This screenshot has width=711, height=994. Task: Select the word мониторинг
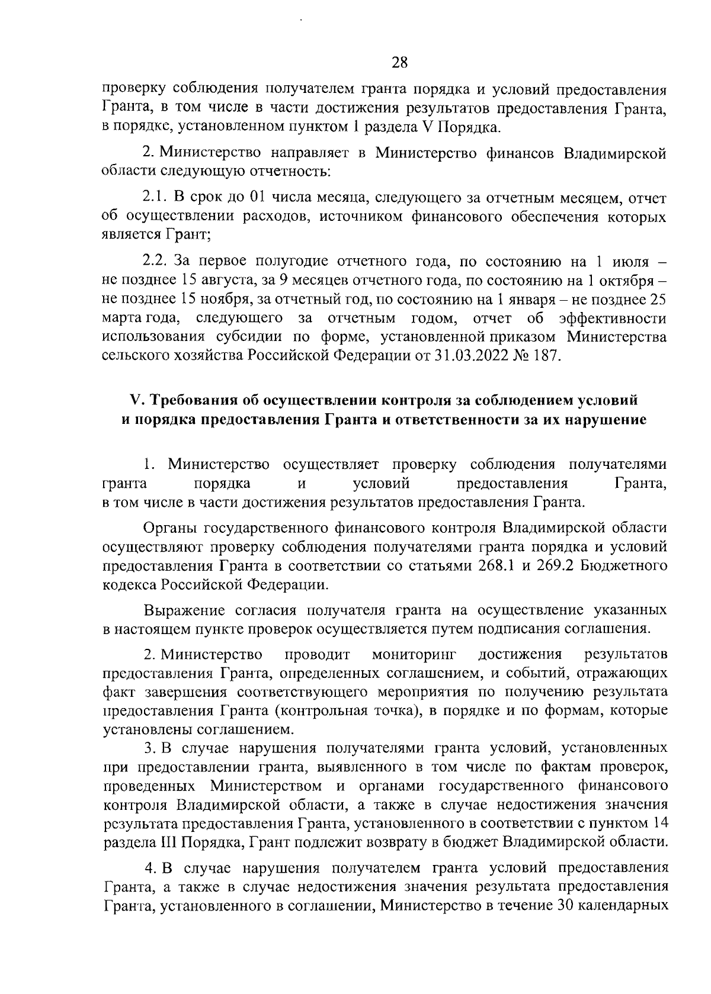[x=413, y=654]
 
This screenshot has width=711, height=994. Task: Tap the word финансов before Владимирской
[x=520, y=154]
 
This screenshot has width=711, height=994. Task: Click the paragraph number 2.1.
[x=156, y=197]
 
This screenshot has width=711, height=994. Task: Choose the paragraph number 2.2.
[x=156, y=260]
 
